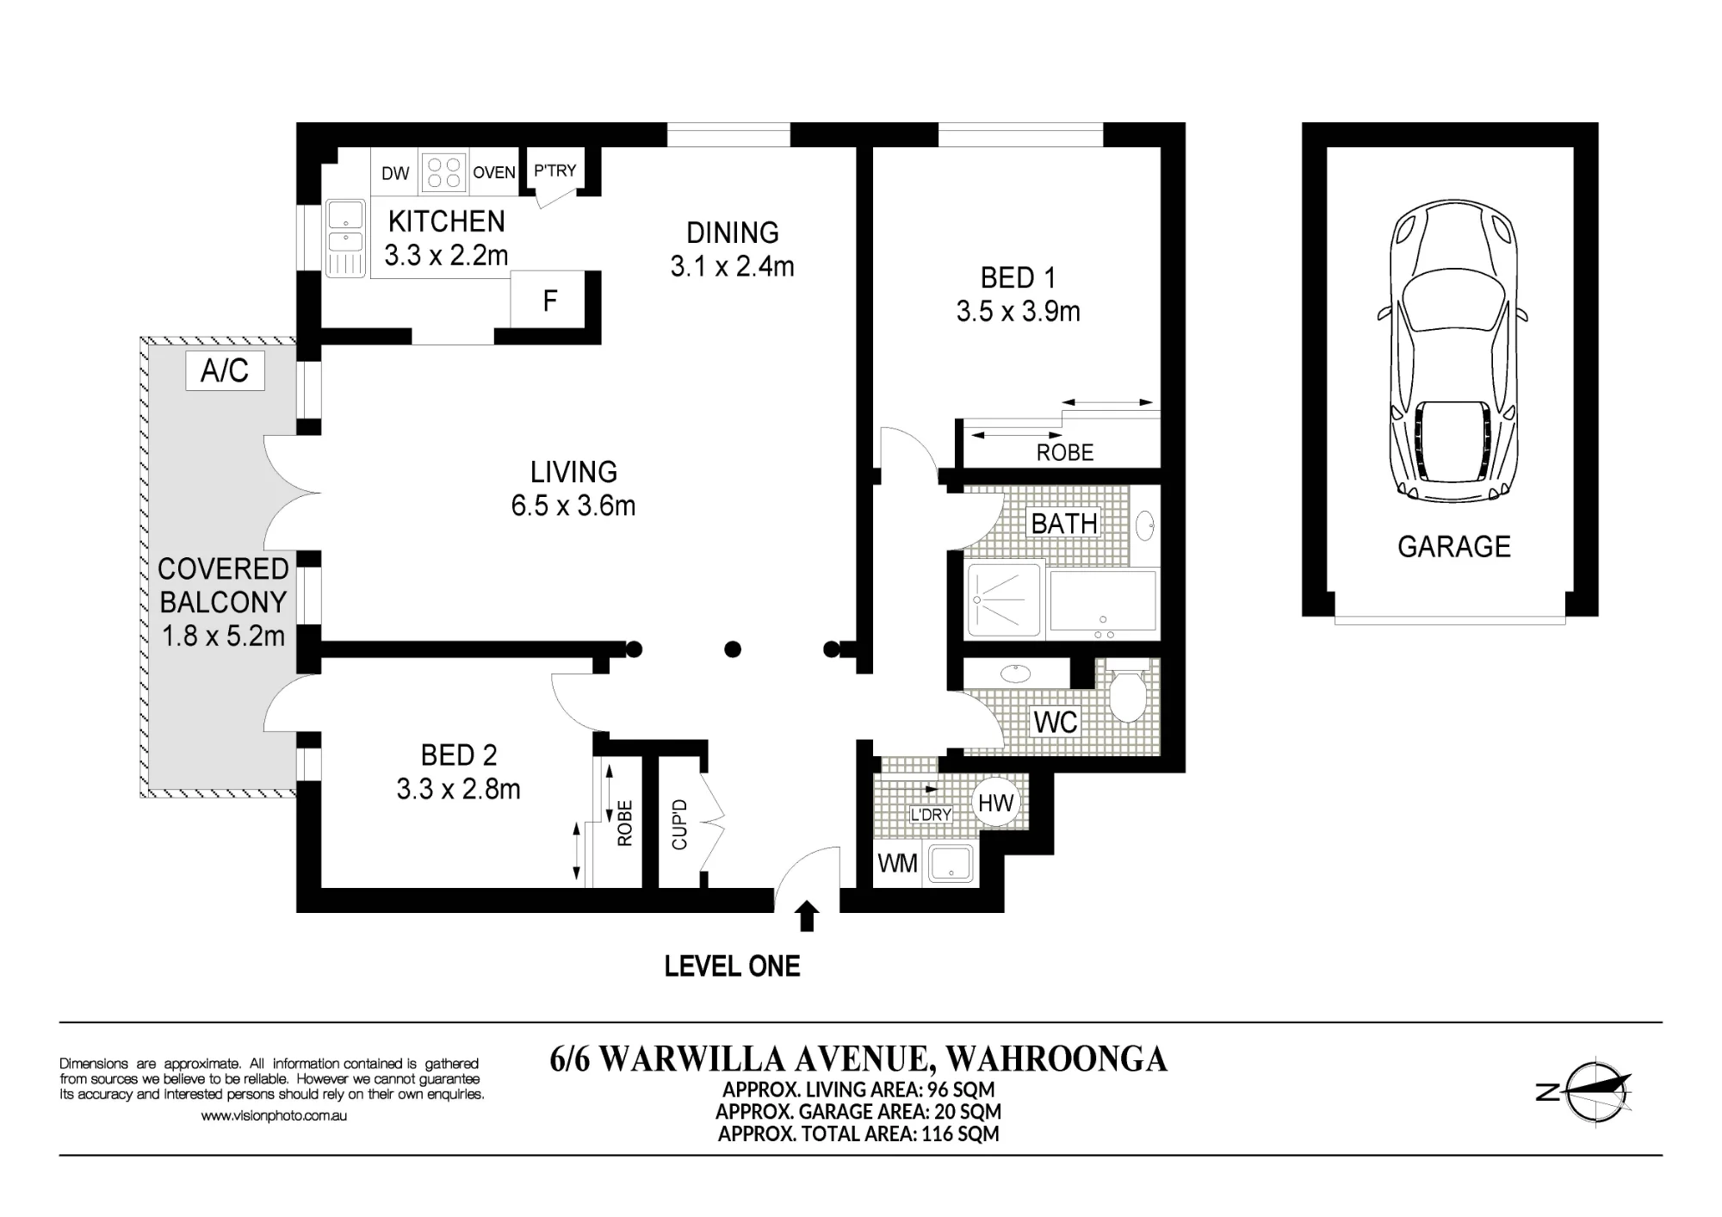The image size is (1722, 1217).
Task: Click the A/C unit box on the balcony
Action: [225, 370]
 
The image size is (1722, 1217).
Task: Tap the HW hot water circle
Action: [996, 802]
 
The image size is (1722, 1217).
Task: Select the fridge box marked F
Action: [548, 299]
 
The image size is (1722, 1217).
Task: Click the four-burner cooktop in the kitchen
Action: [443, 171]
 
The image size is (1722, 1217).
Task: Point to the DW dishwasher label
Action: [395, 173]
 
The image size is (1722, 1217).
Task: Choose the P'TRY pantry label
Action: [555, 171]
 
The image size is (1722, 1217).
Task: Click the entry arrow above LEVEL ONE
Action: [807, 916]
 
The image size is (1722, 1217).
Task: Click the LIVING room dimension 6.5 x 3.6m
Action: [573, 506]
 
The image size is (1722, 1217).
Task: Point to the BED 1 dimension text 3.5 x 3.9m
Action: [1018, 311]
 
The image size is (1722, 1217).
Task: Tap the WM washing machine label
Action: [897, 863]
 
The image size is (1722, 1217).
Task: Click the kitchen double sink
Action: [345, 239]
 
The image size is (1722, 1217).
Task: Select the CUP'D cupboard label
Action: [679, 824]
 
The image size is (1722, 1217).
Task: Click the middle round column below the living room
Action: [733, 649]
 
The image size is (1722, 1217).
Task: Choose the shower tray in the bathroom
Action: [1006, 599]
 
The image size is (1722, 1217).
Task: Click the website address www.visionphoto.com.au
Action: [274, 1115]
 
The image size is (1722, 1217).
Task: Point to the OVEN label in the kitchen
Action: [494, 172]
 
